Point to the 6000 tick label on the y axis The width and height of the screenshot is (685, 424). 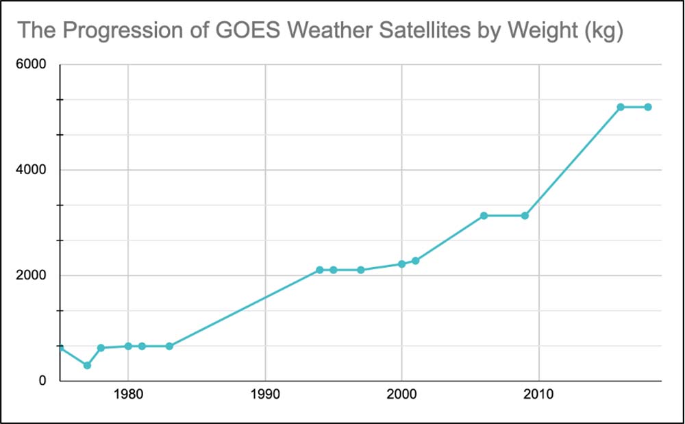click(32, 65)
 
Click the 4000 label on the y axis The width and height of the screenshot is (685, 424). click(32, 171)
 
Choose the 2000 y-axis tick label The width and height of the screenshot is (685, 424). click(32, 276)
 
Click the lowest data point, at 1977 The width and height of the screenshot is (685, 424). click(87, 365)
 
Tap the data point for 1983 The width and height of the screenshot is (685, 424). click(169, 346)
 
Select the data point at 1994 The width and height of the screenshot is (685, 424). click(320, 270)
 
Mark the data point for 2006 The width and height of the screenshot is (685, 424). click(484, 216)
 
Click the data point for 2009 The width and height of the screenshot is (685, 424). click(525, 216)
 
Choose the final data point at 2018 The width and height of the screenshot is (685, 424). click(648, 107)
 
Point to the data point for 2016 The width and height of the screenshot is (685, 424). click(621, 107)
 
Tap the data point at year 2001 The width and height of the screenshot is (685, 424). click(415, 261)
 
